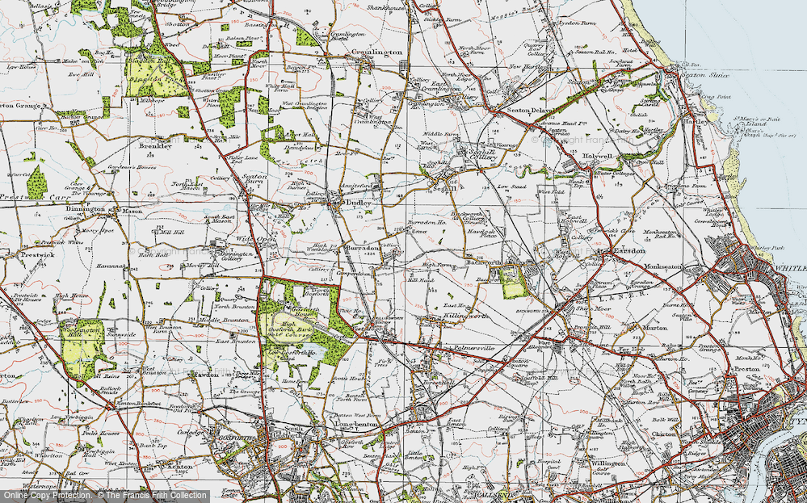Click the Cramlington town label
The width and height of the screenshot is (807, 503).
pos(377,52)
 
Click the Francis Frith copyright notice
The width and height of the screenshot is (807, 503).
pos(105,495)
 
